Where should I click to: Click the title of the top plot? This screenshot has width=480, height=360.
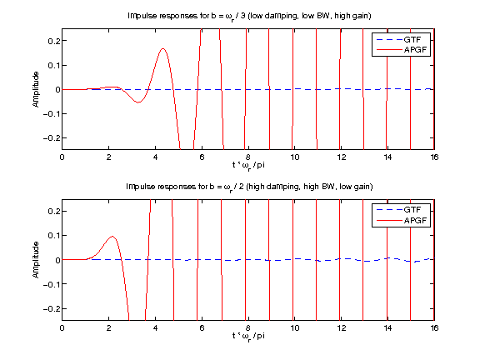(248, 16)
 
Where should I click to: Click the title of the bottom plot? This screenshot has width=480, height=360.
(248, 186)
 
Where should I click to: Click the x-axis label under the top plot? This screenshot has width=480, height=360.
(248, 165)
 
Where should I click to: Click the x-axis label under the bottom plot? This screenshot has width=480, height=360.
(248, 336)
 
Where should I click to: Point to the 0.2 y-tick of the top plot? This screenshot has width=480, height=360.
(52, 41)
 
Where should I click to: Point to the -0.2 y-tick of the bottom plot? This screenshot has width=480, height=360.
(50, 308)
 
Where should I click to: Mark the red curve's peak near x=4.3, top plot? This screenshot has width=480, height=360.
(162, 48)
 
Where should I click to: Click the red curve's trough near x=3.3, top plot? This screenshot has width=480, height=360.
(139, 102)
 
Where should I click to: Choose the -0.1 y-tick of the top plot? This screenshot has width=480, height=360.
(50, 113)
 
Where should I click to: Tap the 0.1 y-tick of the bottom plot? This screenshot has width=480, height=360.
(52, 235)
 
